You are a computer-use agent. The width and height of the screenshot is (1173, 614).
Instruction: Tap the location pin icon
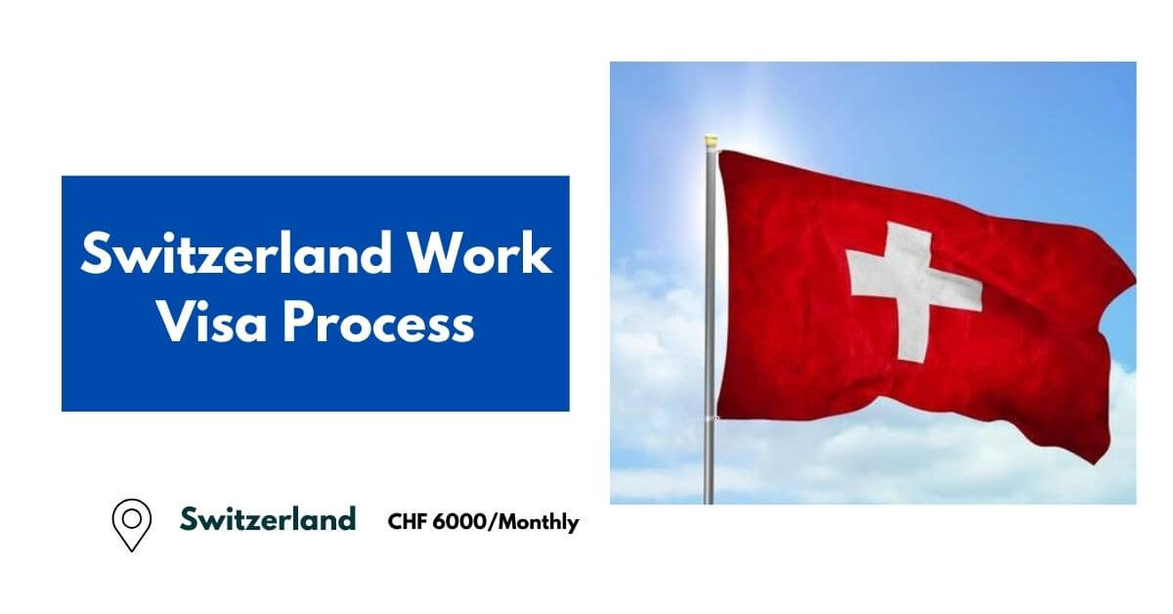point(132,524)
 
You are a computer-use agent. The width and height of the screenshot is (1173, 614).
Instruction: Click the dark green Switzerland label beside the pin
point(267,518)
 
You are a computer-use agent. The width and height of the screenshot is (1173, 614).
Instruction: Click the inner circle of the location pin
point(132,517)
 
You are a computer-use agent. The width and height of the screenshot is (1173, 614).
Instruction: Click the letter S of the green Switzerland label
point(188,518)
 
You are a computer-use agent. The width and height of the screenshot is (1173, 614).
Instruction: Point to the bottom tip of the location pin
point(132,548)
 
